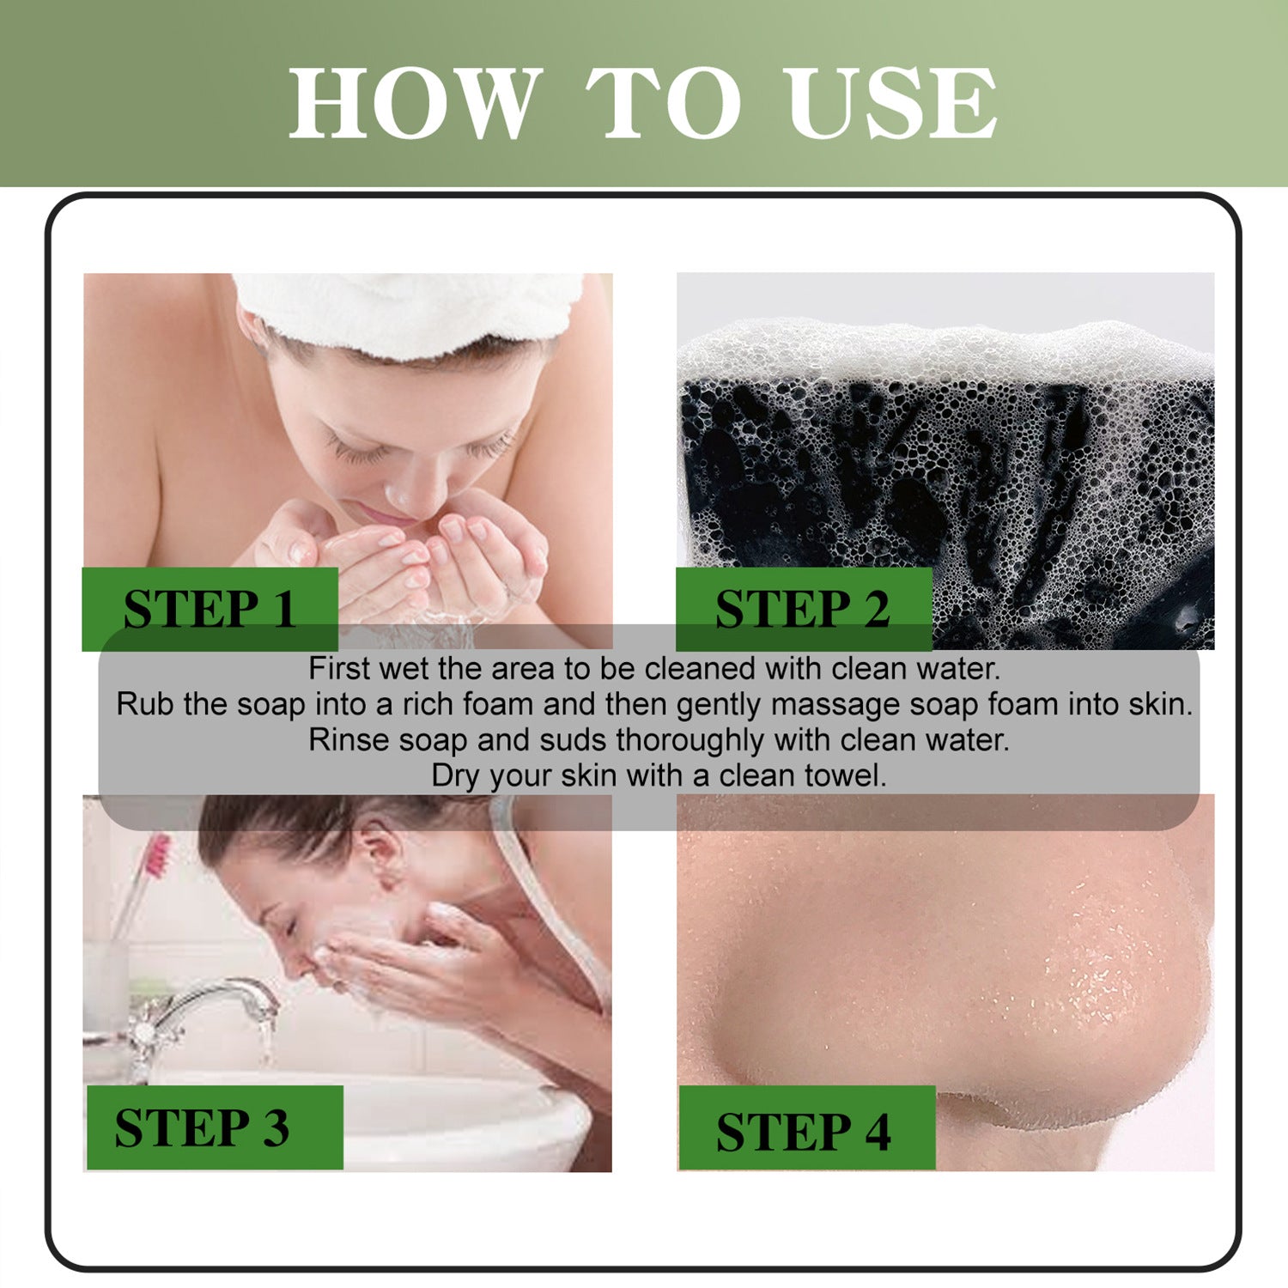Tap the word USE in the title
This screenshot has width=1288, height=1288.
(x=892, y=103)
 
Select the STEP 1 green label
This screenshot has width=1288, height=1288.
(x=210, y=609)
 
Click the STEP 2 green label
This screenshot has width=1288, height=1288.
(x=804, y=609)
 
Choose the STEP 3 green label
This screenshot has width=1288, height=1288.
(x=215, y=1127)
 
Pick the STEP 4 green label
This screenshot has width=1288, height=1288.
(x=807, y=1127)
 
